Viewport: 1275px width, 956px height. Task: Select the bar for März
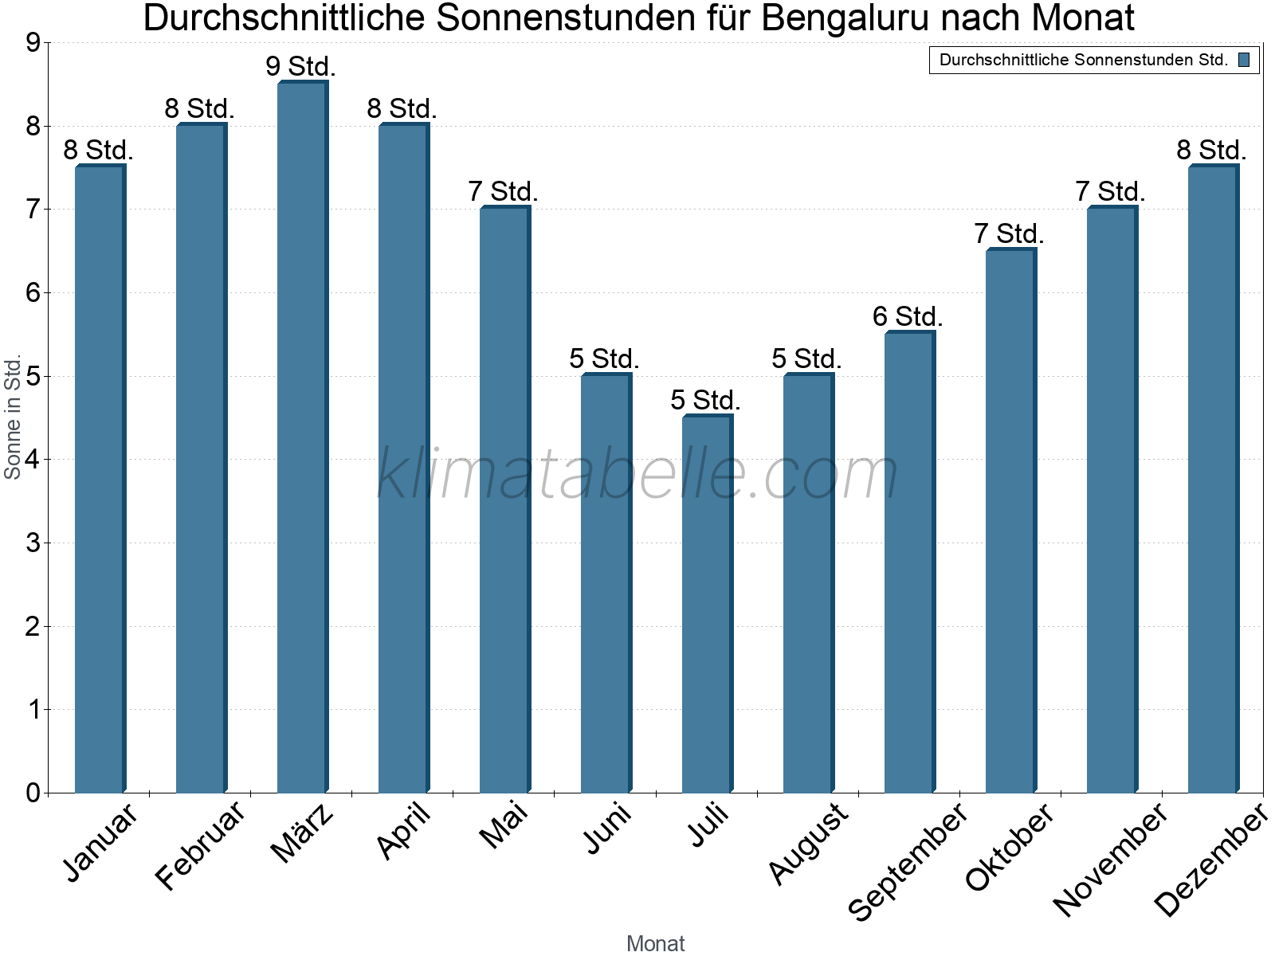[x=301, y=438]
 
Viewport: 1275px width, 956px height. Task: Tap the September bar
[x=908, y=562]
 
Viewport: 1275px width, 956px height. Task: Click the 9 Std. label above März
[x=301, y=66]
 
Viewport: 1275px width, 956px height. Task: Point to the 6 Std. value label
[x=908, y=316]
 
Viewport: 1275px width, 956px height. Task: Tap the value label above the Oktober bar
[x=1009, y=233]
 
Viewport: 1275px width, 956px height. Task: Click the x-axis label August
[x=809, y=843]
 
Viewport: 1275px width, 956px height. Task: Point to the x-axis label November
[x=1110, y=859]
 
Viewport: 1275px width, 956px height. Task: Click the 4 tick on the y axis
[x=33, y=460]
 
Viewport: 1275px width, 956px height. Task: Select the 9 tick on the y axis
[x=33, y=43]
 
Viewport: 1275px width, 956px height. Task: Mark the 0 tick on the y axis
[x=33, y=793]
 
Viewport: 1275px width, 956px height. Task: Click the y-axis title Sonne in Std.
[x=13, y=417]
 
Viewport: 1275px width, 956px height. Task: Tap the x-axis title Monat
[x=655, y=943]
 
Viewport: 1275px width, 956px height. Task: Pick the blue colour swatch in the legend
[x=1244, y=60]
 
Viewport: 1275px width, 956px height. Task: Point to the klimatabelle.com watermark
[x=637, y=474]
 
